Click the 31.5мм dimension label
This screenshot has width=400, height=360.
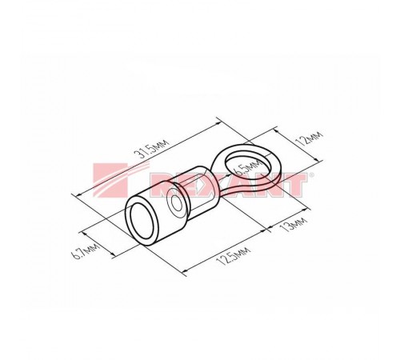pyautogui.click(x=151, y=150)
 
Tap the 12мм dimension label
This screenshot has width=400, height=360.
pyautogui.click(x=310, y=138)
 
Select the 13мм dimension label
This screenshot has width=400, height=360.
pyautogui.click(x=293, y=225)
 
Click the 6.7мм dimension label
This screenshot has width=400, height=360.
pyautogui.click(x=86, y=251)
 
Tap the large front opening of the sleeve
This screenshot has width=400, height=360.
pyautogui.click(x=144, y=221)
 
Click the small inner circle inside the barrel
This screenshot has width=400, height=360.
pyautogui.click(x=176, y=203)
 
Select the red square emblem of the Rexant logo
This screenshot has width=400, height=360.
pyautogui.click(x=110, y=180)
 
